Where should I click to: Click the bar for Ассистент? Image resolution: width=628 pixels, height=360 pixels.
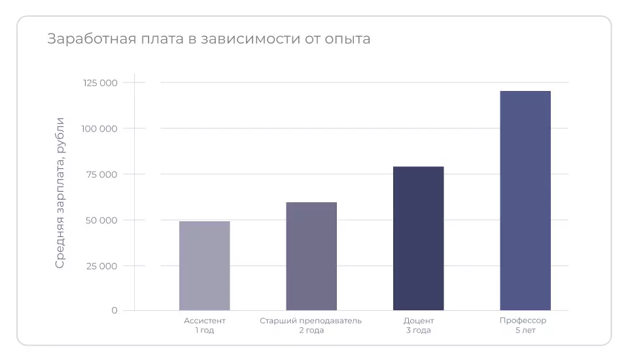204,266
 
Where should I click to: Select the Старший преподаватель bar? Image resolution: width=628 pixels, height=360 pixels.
311,256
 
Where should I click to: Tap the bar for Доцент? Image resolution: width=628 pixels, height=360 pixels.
418,238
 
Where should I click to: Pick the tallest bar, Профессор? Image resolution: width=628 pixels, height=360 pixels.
525,200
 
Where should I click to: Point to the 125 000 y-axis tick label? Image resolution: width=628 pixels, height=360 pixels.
100,82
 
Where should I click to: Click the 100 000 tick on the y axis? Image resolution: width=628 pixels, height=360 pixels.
100,128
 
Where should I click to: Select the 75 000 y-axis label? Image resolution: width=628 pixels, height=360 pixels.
101,174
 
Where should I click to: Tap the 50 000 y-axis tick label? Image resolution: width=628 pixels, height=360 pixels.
101,220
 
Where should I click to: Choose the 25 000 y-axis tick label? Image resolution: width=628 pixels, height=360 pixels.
101,266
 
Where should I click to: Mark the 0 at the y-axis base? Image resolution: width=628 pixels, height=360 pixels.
114,310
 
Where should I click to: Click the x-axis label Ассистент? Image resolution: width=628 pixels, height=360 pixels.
204,321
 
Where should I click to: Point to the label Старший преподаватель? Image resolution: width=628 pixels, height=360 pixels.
311,321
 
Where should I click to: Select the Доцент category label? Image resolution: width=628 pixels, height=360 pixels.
418,321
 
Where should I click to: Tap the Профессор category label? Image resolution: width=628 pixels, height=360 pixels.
523,321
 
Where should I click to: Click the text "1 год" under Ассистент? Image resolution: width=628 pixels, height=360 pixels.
204,331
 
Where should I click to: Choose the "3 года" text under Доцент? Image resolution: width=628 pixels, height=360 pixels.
418,331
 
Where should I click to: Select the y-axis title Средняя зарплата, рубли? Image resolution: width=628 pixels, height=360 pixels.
60,192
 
